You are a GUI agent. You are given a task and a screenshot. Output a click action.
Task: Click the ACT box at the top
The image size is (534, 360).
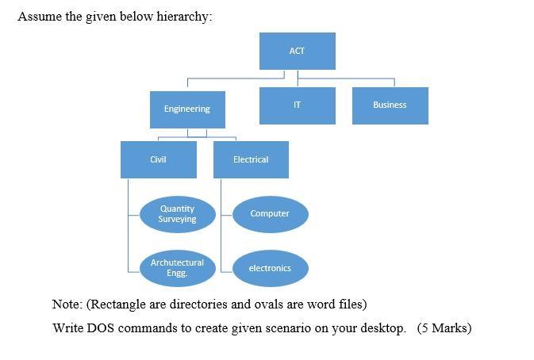pos(297,51)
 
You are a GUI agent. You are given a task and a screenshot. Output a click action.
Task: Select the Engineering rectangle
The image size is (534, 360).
pos(187,109)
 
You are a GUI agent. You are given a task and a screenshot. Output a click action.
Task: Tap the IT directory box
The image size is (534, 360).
pos(297,105)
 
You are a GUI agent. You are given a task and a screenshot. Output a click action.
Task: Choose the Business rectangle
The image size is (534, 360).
pos(390,105)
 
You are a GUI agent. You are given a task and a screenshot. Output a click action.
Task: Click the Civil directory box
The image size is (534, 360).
pos(158,159)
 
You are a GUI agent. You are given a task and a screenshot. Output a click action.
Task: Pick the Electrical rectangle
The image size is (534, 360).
pos(251,159)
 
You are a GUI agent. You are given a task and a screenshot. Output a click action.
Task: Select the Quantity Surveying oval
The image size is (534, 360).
pos(177,214)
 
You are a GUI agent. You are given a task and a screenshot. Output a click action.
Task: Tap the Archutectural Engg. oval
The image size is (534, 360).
pos(177,268)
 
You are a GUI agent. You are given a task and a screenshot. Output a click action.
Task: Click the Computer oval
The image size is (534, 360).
pos(270,214)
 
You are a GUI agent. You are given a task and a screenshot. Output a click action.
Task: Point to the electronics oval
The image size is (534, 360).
pos(270,268)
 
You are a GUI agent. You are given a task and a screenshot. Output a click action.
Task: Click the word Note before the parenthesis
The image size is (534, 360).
pos(66,304)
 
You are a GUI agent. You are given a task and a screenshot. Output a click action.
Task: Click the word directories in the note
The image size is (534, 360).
pos(201,304)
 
